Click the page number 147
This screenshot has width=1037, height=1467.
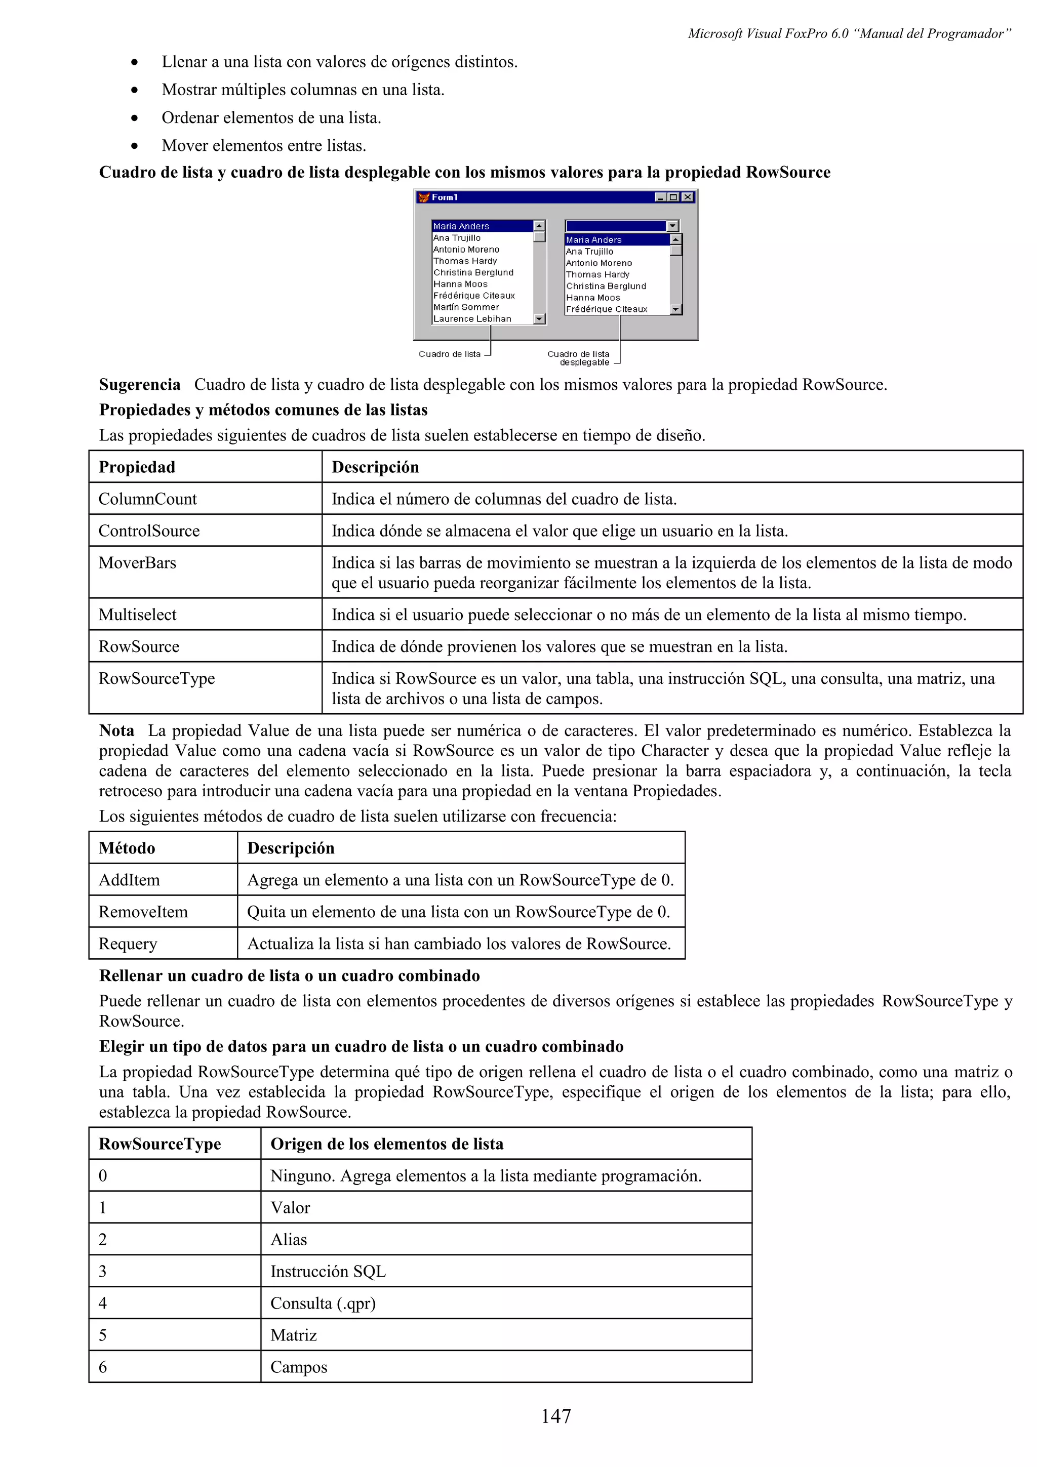pyautogui.click(x=555, y=1416)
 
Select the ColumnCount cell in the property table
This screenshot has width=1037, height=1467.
pyautogui.click(x=147, y=499)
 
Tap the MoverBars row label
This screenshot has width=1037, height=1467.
pyautogui.click(x=137, y=563)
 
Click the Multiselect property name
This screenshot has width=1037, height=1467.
pyautogui.click(x=137, y=615)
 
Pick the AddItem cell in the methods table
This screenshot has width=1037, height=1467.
pyautogui.click(x=129, y=880)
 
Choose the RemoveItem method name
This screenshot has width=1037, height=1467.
pyautogui.click(x=143, y=912)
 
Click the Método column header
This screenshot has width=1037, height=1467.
pyautogui.click(x=127, y=848)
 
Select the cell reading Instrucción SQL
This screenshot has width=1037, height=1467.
pyautogui.click(x=328, y=1272)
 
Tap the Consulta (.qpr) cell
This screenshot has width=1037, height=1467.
pyautogui.click(x=323, y=1303)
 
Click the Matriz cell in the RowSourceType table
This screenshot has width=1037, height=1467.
pyautogui.click(x=293, y=1335)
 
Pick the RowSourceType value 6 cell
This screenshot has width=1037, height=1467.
pyautogui.click(x=103, y=1367)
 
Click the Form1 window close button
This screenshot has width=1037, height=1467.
pyautogui.click(x=688, y=197)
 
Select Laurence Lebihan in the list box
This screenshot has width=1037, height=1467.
pyautogui.click(x=472, y=319)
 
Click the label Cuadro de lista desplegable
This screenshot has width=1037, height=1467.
pyautogui.click(x=579, y=358)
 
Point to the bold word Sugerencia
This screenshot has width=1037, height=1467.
pyautogui.click(x=139, y=385)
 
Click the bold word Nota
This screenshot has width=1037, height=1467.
pyautogui.click(x=116, y=731)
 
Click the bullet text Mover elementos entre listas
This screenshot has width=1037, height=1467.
pyautogui.click(x=264, y=146)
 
